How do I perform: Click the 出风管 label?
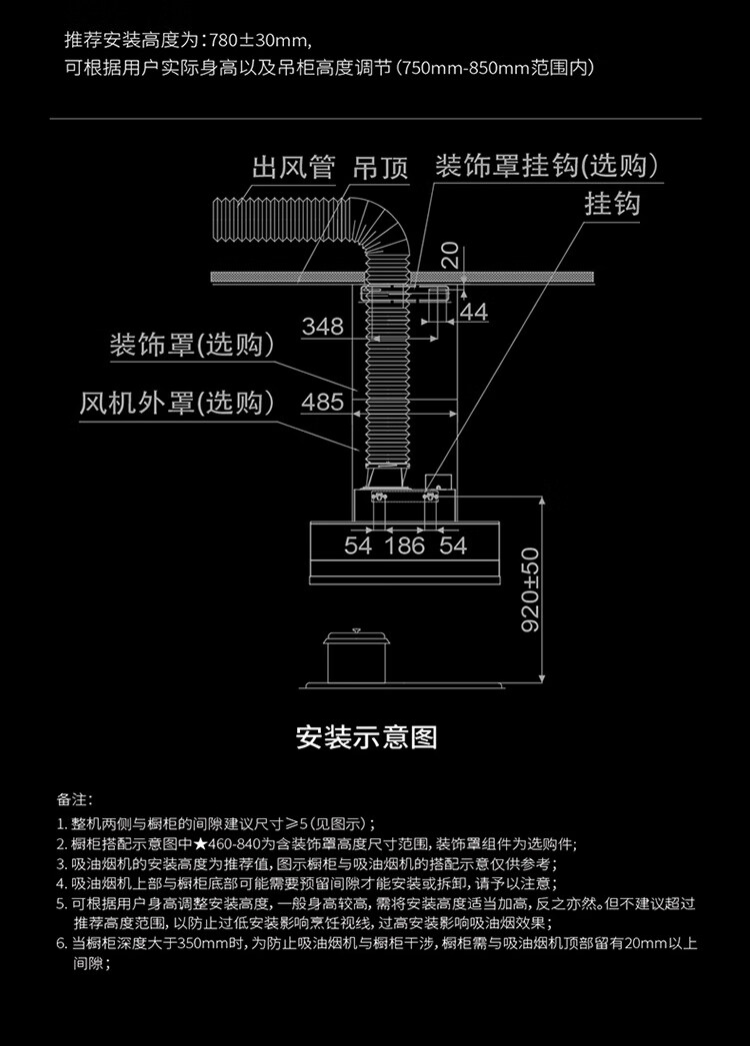[293, 168]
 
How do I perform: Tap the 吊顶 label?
[381, 168]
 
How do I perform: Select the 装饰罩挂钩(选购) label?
[546, 166]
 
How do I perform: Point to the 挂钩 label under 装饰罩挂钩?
[612, 204]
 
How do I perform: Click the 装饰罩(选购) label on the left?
[192, 345]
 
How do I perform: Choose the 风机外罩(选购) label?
[177, 403]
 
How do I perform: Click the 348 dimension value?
[323, 327]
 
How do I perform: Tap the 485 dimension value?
[323, 402]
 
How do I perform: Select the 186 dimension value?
[405, 545]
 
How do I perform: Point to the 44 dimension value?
[474, 312]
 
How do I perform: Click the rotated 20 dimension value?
[450, 255]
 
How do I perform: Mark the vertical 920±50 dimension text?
[530, 589]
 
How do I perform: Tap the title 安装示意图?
[367, 737]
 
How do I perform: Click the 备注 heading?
[73, 799]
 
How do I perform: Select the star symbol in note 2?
[201, 844]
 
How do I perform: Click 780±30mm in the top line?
[258, 41]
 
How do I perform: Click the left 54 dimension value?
[358, 545]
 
